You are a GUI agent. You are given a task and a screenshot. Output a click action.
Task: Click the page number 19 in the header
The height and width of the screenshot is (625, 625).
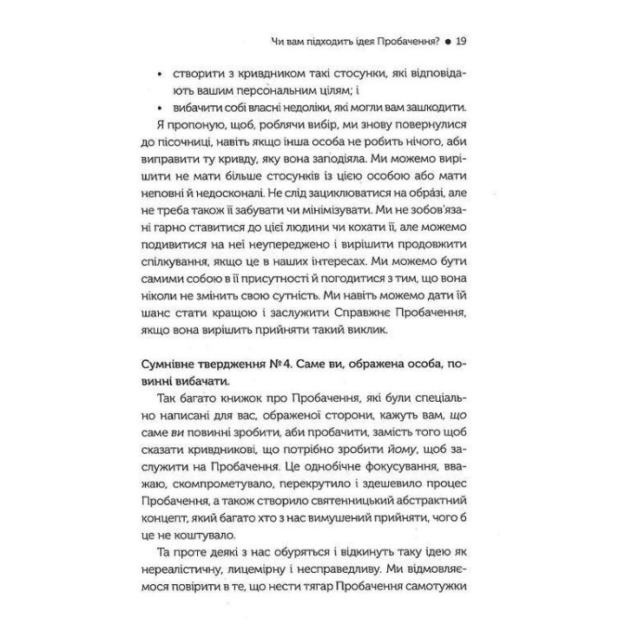(461, 40)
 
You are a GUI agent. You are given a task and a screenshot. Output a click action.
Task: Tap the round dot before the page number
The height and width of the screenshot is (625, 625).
(446, 41)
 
